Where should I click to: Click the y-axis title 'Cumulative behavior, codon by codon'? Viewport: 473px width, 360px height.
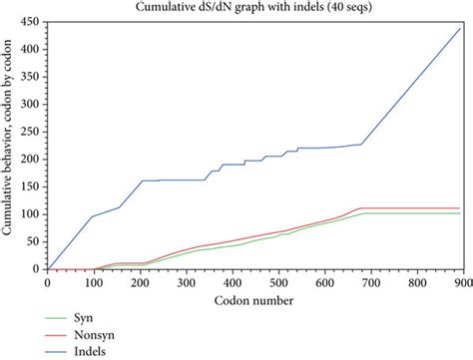click(x=8, y=144)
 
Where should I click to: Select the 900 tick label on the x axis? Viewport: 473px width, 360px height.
click(x=461, y=282)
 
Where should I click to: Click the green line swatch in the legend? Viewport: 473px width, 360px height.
click(x=63, y=317)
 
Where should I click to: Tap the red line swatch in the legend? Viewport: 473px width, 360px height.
click(x=63, y=334)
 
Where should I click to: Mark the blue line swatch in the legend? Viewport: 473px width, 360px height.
click(x=63, y=351)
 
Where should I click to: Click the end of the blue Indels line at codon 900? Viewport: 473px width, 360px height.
click(x=461, y=27)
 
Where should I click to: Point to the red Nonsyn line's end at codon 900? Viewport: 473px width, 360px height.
click(x=461, y=208)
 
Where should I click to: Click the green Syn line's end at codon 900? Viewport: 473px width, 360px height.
click(x=461, y=213)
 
